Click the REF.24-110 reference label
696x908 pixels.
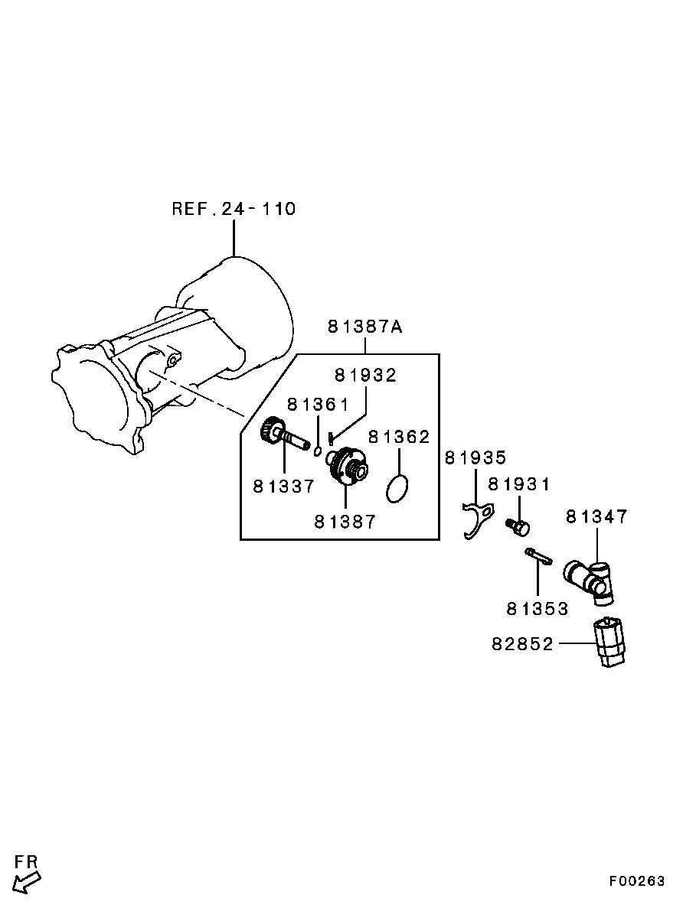click(234, 209)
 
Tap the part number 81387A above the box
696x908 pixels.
click(365, 327)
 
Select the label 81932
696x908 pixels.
click(365, 376)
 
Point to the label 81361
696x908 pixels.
click(318, 404)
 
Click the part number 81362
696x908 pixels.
click(399, 437)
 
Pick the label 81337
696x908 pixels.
click(284, 486)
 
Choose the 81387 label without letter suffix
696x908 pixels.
click(345, 522)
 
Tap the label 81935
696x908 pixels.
click(475, 458)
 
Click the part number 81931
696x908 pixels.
click(519, 484)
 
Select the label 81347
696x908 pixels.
click(597, 516)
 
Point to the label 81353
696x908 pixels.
click(538, 609)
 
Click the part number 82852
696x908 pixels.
click(523, 643)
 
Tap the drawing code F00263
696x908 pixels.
click(637, 880)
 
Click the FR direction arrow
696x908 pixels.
click(27, 884)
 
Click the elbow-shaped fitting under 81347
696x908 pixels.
click(589, 581)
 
